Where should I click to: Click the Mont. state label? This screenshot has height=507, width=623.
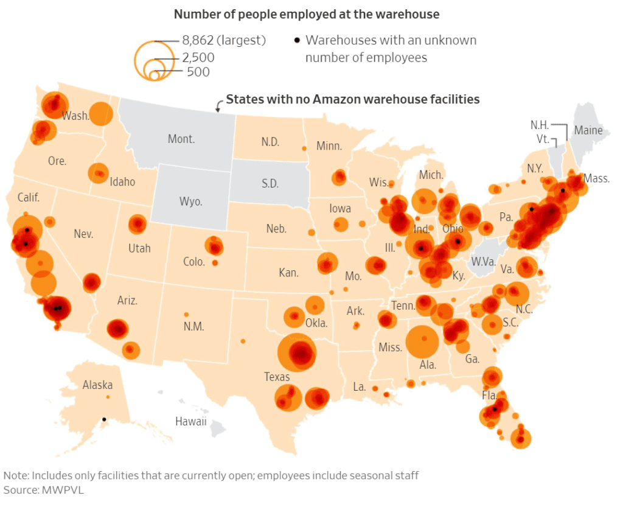(181, 139)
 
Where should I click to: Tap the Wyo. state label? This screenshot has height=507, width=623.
(191, 201)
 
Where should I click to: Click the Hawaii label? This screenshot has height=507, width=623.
(191, 421)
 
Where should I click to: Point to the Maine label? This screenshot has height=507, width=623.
(588, 130)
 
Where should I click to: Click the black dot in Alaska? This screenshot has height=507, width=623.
(104, 419)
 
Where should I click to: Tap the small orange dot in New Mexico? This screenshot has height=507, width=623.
(187, 314)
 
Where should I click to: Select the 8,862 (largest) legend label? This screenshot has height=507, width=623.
(224, 41)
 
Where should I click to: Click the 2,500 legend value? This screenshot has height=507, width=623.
(198, 58)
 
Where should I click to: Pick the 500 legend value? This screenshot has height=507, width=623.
(198, 72)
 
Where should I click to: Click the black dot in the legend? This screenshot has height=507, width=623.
(297, 41)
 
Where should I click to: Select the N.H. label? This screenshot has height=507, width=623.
(540, 125)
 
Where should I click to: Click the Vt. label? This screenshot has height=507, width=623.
(543, 139)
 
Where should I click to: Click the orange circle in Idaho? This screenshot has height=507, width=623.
(97, 173)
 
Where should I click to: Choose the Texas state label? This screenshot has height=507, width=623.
(277, 377)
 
